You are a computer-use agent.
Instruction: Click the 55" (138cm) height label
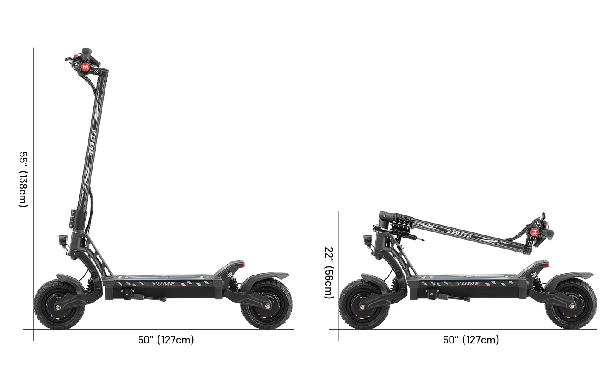[23, 179]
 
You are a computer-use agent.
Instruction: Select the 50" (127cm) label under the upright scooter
[166, 340]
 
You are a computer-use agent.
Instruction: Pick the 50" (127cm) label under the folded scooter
[471, 340]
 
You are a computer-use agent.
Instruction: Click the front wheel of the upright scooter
[56, 307]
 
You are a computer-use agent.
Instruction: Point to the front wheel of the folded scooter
[361, 307]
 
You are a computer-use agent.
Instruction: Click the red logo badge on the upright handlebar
[86, 67]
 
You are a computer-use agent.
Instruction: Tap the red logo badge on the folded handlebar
[534, 232]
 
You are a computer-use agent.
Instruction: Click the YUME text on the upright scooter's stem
[93, 141]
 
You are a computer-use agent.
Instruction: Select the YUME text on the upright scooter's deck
[163, 283]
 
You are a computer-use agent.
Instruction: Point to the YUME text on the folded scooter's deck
[468, 283]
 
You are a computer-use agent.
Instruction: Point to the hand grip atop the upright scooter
[87, 52]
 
